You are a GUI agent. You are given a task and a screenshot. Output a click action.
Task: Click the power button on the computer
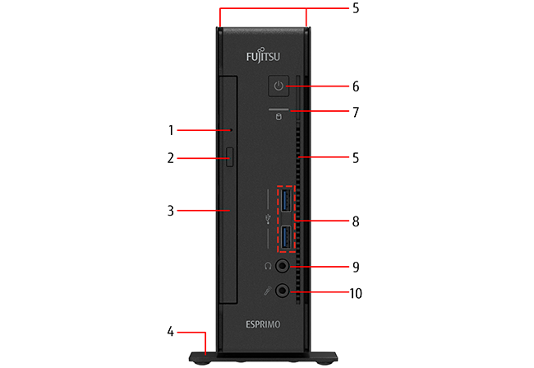tap(279, 86)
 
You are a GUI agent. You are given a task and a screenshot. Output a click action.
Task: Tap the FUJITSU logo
tap(263, 58)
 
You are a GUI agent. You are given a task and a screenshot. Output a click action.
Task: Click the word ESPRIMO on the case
tap(263, 324)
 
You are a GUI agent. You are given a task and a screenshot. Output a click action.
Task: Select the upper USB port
tap(286, 200)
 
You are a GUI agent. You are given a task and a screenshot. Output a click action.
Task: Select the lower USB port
tap(286, 238)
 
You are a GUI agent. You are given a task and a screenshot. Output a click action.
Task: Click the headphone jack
tap(283, 266)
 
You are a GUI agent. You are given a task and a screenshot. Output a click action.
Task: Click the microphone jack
tap(283, 291)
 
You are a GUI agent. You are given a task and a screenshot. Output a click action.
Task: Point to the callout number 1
tap(172, 130)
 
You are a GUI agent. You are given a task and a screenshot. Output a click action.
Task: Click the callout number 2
tap(172, 156)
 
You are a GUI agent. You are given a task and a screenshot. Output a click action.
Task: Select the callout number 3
tap(172, 211)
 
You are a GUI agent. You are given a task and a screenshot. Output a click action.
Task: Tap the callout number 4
tap(171, 332)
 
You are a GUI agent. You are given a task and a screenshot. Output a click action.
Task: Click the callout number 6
tap(356, 86)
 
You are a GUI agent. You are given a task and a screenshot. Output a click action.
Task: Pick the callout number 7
tap(356, 111)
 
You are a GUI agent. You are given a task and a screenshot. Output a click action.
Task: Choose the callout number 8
tap(356, 221)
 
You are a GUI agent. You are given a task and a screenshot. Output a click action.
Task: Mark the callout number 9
tap(356, 267)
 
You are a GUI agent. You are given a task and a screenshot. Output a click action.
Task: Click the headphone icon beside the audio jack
tap(268, 266)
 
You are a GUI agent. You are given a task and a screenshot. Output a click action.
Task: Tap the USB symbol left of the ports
tap(268, 219)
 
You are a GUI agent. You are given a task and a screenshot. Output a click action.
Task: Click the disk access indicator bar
tap(278, 109)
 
